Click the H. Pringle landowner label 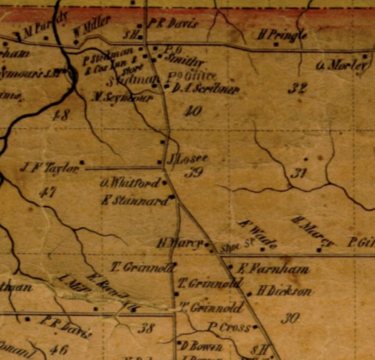pos(282,34)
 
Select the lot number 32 pos(297,88)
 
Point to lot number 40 pos(193,110)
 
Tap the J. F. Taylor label pos(49,168)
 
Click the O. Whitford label pos(129,183)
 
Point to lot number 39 pos(193,172)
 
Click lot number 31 pos(298,172)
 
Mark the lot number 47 pos(47,193)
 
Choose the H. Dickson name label pos(284,292)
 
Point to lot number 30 pos(290,319)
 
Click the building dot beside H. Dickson pos(250,294)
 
